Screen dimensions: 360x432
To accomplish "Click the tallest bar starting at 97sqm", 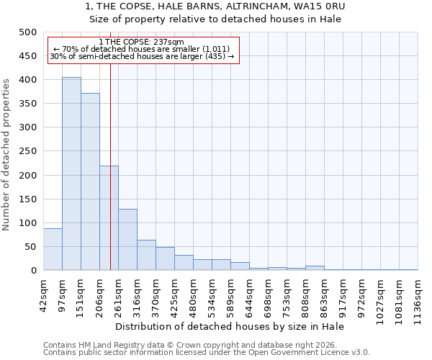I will [x=71, y=174].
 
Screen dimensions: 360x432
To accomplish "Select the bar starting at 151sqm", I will [x=90, y=181].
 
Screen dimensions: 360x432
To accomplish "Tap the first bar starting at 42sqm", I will [x=53, y=249].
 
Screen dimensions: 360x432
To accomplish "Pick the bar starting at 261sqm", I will [x=127, y=239].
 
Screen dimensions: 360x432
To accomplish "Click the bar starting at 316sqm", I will [x=146, y=255].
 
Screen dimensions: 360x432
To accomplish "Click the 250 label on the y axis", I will [x=28, y=152].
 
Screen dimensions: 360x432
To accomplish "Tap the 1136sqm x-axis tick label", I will [x=418, y=295].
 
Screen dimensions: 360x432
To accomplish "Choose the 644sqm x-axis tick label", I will [x=249, y=294].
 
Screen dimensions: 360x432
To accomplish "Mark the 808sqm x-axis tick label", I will [x=305, y=294].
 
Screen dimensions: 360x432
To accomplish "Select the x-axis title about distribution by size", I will [x=230, y=327].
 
